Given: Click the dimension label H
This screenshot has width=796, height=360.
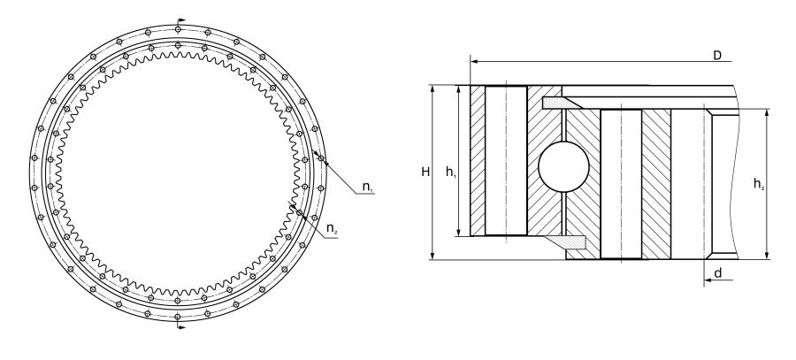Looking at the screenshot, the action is [425, 172].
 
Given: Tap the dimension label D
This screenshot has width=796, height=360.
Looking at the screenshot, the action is [716, 56].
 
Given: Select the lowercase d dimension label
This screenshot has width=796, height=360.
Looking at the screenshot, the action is [718, 273].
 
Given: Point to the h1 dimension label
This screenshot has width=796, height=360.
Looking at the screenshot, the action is [451, 172].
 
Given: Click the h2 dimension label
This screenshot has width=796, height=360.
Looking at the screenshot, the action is [759, 184].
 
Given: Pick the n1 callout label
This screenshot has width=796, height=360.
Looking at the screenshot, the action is [368, 187].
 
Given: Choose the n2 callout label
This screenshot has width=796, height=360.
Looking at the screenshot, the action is [332, 229].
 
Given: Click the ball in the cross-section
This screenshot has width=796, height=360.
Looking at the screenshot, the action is [563, 166].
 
